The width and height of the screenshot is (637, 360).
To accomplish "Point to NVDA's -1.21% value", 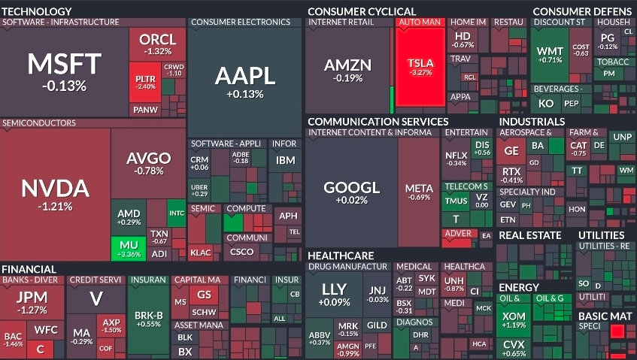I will tap(56, 206).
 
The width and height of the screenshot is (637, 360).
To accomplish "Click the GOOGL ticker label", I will tap(351, 187).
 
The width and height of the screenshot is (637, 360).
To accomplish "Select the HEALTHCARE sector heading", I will tap(341, 256).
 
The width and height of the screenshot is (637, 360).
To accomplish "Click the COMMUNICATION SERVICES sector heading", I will tap(378, 121).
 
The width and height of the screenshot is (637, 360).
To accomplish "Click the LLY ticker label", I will tap(334, 289).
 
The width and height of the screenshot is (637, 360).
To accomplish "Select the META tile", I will tap(418, 192).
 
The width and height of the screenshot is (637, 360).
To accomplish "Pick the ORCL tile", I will tap(157, 44).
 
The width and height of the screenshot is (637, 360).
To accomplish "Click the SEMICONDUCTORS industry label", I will tap(38, 123).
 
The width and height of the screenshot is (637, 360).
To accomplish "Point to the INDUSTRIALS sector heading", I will tap(532, 121).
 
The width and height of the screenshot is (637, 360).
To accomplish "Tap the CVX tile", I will tap(514, 347).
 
